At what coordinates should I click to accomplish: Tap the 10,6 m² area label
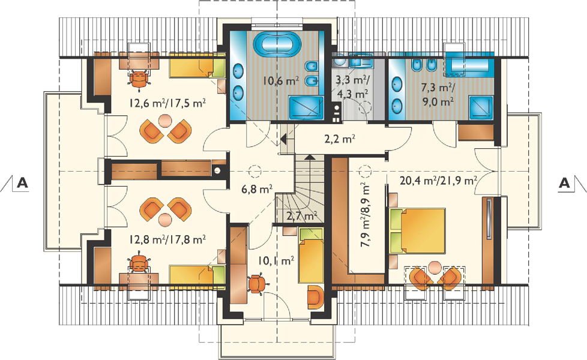tap(280, 80)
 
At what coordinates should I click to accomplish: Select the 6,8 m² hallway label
tap(257, 189)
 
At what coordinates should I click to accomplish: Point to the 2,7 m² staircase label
tap(302, 216)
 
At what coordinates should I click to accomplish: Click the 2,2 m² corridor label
tap(340, 139)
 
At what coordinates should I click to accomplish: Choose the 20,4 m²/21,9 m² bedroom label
tap(438, 181)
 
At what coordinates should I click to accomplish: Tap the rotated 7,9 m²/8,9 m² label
tap(365, 215)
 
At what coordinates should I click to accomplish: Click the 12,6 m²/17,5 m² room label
tap(167, 103)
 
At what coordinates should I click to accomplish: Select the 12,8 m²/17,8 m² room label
tap(167, 239)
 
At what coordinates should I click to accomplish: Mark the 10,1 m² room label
tap(276, 261)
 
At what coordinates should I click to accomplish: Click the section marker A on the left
tap(23, 183)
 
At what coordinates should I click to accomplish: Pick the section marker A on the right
tap(564, 183)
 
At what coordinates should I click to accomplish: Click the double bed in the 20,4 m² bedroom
tap(417, 231)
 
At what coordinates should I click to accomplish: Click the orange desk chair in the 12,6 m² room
tap(139, 79)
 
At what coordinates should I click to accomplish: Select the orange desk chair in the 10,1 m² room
tap(257, 283)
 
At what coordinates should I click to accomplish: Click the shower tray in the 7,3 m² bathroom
tap(481, 107)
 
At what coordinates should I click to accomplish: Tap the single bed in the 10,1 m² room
tap(311, 255)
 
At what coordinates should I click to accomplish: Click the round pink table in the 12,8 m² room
tap(164, 220)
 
